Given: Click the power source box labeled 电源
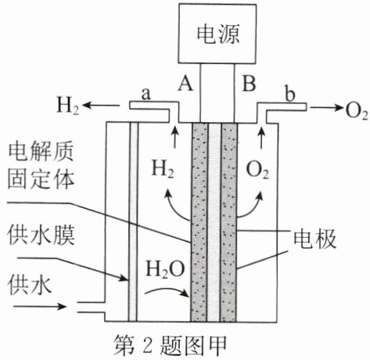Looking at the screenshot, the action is pos(217,34).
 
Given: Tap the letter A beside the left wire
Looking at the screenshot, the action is pos(185,83).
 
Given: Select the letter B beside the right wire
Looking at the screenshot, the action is pos(249,83).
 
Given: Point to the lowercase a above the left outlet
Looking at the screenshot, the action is pos(146,94).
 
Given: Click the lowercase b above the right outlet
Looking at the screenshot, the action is pos(289,93).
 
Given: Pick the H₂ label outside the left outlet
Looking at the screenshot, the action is pos(68,106).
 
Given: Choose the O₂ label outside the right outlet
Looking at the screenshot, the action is pos(357,111).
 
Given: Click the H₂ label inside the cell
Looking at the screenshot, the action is pos(163,169).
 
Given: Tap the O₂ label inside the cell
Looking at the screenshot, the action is pos(257,171).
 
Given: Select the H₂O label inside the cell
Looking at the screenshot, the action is pos(166,269).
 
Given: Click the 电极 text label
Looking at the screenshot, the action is pos(314,239).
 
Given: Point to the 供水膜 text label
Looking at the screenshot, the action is pos(41,236).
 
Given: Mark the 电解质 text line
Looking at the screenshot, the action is pos(41,152).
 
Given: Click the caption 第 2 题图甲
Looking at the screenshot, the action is pos(170,346).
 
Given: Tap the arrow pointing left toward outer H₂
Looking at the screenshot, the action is pos(101,106).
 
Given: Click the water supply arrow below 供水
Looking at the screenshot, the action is pos(40,306).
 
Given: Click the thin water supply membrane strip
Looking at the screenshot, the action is pos(133,221).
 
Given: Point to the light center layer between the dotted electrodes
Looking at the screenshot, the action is pos(214,221).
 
